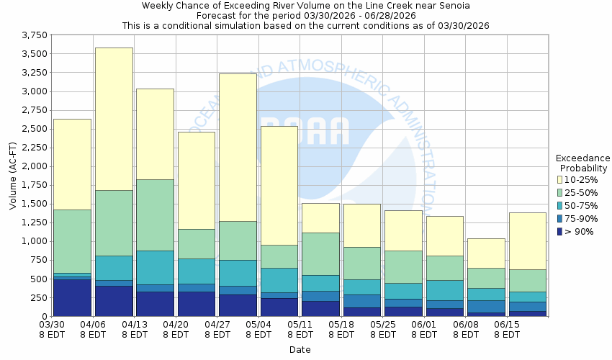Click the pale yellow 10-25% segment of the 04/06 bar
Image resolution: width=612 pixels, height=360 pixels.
(114, 119)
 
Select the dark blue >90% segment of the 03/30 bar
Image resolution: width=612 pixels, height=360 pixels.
(73, 297)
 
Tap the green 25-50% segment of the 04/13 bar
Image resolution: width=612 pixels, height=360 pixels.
(155, 215)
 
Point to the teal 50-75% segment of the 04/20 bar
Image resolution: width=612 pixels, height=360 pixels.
(196, 271)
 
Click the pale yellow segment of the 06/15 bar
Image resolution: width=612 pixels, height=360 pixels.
(527, 240)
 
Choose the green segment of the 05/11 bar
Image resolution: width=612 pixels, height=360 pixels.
(320, 253)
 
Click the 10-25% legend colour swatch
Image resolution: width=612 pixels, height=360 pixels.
(559, 179)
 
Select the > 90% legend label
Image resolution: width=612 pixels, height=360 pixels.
(580, 231)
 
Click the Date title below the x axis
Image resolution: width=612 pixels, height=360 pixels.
(300, 350)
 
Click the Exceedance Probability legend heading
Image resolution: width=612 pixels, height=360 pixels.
(582, 163)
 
